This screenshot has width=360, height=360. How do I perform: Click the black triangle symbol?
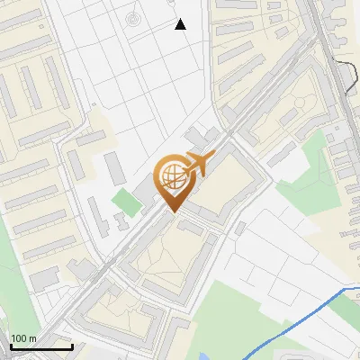click(x=181, y=24)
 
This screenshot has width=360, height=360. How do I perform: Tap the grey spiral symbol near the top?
click(x=133, y=18)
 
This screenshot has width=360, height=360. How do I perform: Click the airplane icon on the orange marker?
click(x=196, y=165)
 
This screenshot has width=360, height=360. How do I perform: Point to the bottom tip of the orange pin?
click(x=172, y=212)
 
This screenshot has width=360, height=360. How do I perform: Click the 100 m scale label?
click(x=23, y=338)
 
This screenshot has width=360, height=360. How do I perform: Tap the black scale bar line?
click(x=41, y=346)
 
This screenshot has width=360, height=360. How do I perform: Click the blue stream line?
click(x=297, y=319)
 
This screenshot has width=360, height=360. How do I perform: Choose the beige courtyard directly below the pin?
click(x=171, y=261)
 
